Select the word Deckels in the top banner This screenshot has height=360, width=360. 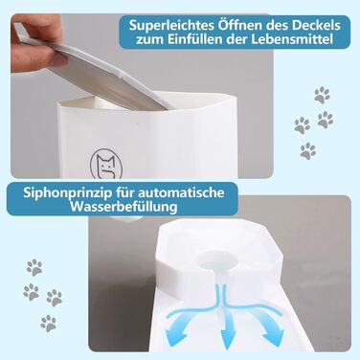(x=316, y=25)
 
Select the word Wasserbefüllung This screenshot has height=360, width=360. (x=124, y=207)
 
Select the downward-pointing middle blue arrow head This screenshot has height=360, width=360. (x=228, y=341)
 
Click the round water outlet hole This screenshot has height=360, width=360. (x=214, y=262)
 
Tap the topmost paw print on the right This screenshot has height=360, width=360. (x=322, y=95)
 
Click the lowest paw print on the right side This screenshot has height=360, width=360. (x=308, y=150)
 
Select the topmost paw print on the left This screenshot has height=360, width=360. (x=34, y=267)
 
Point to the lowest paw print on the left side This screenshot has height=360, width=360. (x=49, y=324)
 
